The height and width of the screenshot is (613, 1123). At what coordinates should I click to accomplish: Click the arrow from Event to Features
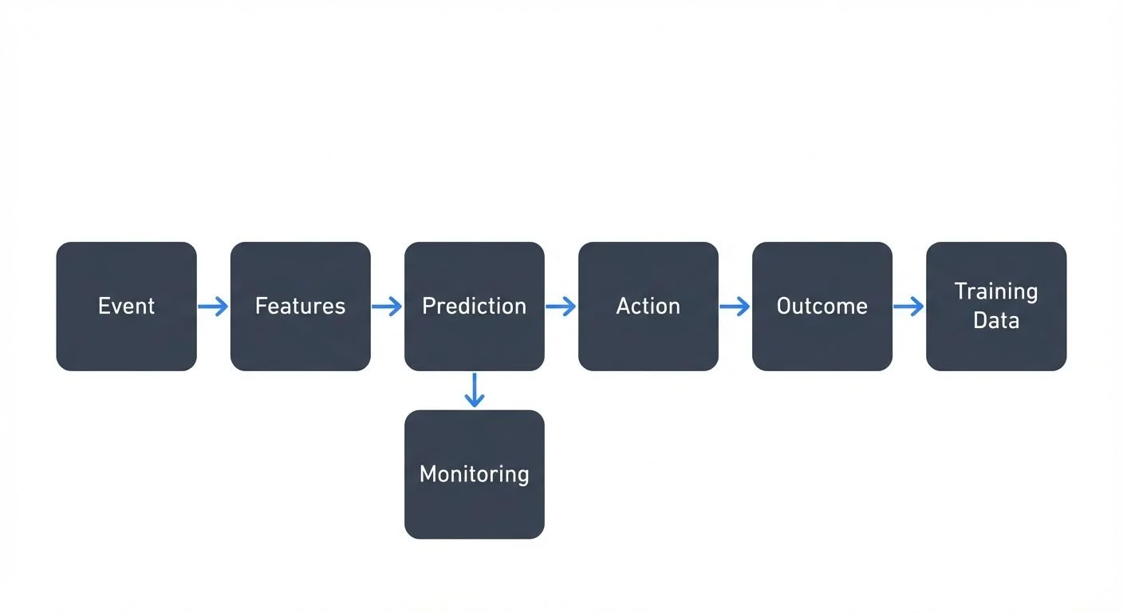pyautogui.click(x=213, y=306)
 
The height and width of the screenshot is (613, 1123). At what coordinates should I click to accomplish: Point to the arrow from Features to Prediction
pyautogui.click(x=387, y=306)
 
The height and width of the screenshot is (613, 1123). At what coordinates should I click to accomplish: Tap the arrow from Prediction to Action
pyautogui.click(x=561, y=306)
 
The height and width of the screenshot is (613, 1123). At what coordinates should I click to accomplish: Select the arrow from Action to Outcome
pyautogui.click(x=735, y=306)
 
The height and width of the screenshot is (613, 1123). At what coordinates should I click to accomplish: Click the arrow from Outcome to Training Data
pyautogui.click(x=908, y=306)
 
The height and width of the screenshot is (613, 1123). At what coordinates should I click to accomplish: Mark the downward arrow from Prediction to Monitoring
pyautogui.click(x=474, y=390)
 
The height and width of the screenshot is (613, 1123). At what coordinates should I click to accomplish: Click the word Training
pyautogui.click(x=995, y=291)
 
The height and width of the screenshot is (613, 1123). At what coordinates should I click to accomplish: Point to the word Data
pyautogui.click(x=995, y=321)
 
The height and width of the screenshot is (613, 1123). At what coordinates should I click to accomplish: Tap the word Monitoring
pyautogui.click(x=474, y=474)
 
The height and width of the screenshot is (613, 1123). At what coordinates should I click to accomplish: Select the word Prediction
pyautogui.click(x=474, y=306)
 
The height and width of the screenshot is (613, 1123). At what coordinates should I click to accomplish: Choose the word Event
pyautogui.click(x=126, y=306)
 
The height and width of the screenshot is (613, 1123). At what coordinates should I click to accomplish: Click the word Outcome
pyautogui.click(x=822, y=306)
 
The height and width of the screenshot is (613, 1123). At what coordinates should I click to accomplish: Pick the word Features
pyautogui.click(x=300, y=306)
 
